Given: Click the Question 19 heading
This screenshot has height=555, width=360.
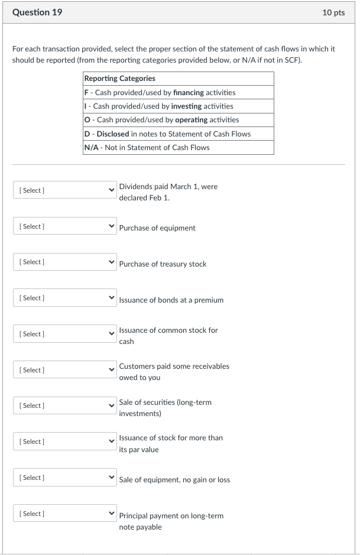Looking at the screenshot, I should [x=37, y=12].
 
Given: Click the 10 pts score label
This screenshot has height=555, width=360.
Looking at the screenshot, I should [x=333, y=12].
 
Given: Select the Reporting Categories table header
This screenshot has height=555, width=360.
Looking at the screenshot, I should [x=120, y=79].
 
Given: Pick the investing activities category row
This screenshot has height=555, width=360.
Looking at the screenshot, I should [x=158, y=106].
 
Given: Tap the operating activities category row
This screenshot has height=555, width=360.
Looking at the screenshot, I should [x=161, y=120].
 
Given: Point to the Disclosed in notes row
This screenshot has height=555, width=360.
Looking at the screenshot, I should [x=167, y=134].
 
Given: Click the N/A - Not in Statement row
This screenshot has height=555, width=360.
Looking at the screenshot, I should [x=147, y=148].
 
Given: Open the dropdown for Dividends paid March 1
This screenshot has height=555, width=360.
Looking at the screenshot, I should [x=64, y=190].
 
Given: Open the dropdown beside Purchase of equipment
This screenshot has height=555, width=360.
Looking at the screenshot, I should [x=64, y=226].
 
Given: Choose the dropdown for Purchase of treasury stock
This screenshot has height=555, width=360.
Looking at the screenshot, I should [x=64, y=262].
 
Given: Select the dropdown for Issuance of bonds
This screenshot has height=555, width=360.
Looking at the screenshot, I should [x=64, y=298].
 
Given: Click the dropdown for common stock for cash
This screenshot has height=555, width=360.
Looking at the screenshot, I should [x=64, y=334].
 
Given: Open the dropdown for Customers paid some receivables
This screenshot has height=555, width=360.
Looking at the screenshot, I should [x=64, y=370].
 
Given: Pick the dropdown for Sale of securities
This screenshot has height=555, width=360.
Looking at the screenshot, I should [x=64, y=405].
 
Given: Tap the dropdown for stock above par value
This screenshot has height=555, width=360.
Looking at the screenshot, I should [x=64, y=442].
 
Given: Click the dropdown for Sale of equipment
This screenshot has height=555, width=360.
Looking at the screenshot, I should [x=64, y=478].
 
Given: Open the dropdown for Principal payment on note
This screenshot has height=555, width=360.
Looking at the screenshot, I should [x=64, y=514].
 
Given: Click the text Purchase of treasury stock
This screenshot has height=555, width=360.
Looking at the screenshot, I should [x=163, y=264].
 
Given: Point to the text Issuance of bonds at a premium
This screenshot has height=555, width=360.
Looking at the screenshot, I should [x=171, y=300].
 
